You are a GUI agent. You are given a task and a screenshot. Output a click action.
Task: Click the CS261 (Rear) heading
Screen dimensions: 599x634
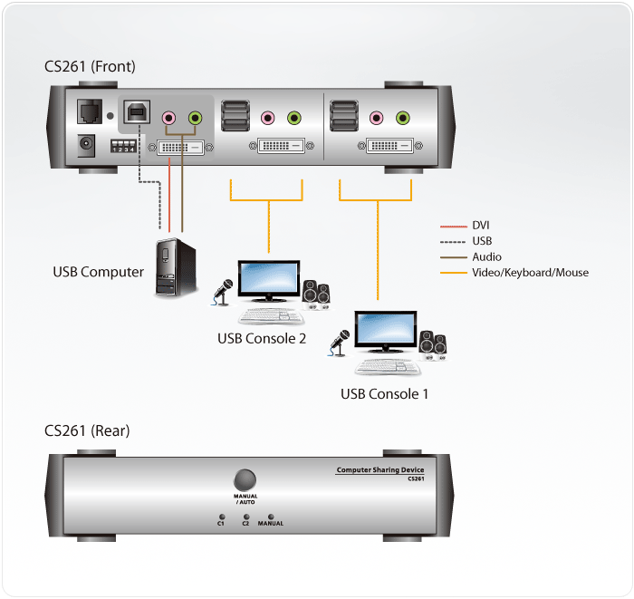tap(87, 430)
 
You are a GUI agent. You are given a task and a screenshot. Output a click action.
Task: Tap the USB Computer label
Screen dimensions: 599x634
tap(98, 271)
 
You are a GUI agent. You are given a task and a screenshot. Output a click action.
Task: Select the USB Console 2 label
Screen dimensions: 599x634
tap(262, 338)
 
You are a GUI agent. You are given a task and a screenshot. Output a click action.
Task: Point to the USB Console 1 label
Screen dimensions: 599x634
tap(384, 393)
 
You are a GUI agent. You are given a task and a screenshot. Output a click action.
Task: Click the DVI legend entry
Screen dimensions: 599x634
tap(481, 225)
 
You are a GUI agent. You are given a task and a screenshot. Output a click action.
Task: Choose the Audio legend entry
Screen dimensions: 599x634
tap(486, 256)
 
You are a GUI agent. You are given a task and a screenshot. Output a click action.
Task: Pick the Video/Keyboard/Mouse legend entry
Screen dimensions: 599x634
tap(530, 272)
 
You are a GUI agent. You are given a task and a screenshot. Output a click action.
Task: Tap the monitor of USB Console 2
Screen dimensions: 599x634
tap(267, 281)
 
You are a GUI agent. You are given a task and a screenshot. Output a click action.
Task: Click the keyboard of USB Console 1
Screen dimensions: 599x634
tap(387, 367)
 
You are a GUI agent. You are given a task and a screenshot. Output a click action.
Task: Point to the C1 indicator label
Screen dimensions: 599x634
tap(221, 523)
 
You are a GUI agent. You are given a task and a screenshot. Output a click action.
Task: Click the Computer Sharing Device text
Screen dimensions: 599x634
tap(379, 469)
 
